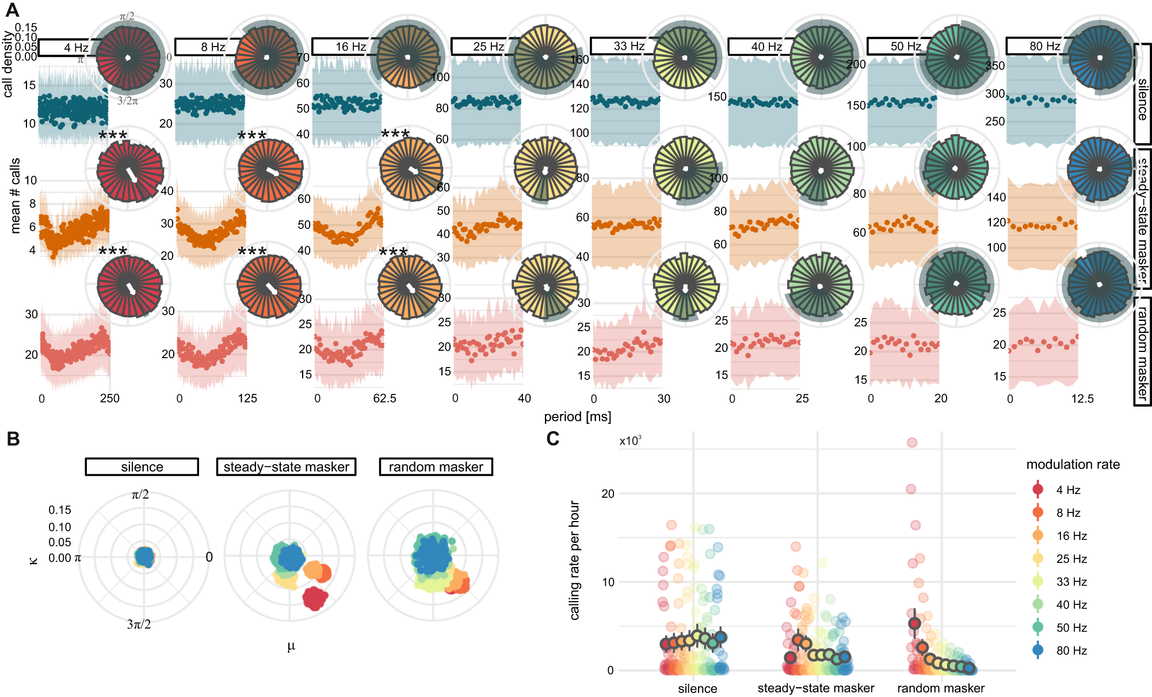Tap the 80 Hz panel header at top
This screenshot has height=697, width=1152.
(x=1036, y=46)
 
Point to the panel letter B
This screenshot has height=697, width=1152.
(x=13, y=439)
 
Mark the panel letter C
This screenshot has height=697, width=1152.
(x=552, y=439)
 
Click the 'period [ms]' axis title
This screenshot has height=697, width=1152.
(x=577, y=417)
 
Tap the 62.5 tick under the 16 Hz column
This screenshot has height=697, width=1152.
(x=384, y=399)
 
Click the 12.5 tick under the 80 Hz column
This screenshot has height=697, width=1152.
(x=1082, y=399)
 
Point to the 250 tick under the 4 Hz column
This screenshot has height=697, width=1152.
(x=109, y=399)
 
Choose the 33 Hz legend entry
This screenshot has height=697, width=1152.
(x=1071, y=582)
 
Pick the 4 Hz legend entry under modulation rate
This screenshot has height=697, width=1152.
(x=1067, y=490)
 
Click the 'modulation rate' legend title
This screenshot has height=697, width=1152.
(x=1073, y=465)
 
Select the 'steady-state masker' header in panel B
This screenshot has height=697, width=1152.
(x=286, y=467)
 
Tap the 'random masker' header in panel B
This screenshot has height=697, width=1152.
(x=436, y=467)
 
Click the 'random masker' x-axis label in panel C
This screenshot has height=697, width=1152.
(x=940, y=688)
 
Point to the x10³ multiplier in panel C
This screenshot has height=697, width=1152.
(x=630, y=441)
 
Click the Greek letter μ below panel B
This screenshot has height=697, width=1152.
(x=291, y=646)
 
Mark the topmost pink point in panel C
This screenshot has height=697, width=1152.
(x=912, y=443)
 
